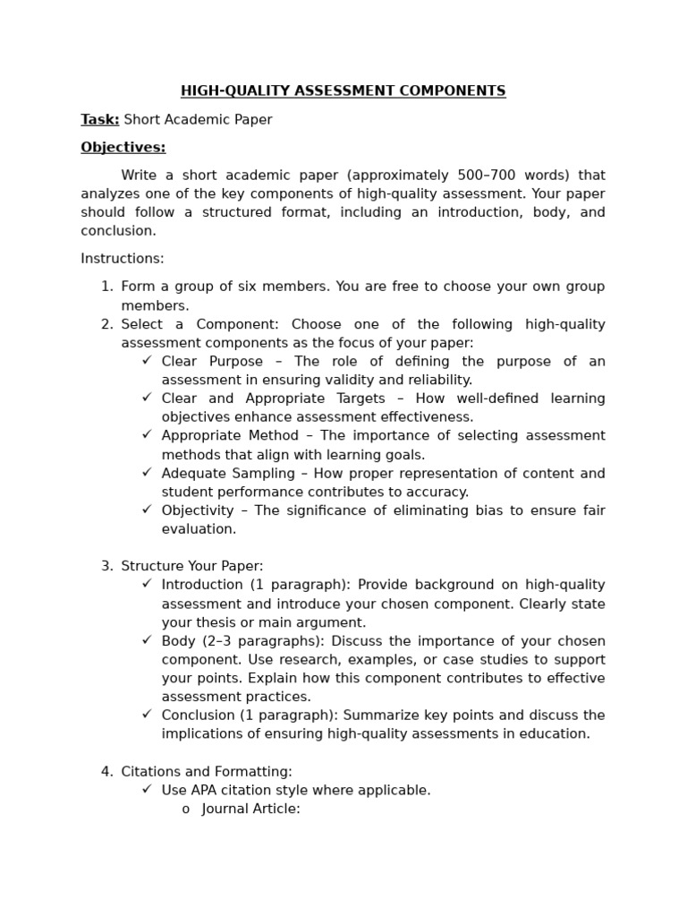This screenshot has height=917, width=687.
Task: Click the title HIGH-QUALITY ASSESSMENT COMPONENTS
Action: tap(343, 90)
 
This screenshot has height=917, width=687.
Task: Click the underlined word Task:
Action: tap(99, 119)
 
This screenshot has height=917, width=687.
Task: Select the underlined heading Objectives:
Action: tap(123, 147)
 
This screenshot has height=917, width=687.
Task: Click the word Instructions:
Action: tap(123, 259)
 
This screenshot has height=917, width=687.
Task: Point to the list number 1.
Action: tap(106, 287)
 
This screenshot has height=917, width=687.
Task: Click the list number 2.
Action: tap(106, 324)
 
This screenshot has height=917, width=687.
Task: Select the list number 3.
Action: tap(106, 566)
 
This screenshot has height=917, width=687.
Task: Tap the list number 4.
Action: tap(106, 771)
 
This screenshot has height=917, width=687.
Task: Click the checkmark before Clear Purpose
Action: tap(147, 361)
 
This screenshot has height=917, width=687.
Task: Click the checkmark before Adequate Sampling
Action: tap(147, 473)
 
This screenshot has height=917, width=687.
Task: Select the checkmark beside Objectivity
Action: tap(147, 510)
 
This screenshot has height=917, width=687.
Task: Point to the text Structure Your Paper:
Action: tap(192, 566)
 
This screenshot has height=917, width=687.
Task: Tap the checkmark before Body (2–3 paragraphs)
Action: tap(147, 640)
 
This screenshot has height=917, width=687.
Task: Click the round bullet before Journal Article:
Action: tap(185, 810)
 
